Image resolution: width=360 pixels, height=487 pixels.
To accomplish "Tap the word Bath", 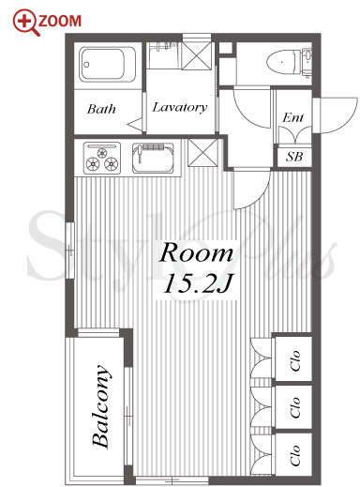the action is pyautogui.click(x=101, y=109).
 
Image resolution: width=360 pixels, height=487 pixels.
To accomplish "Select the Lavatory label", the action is pyautogui.click(x=180, y=108).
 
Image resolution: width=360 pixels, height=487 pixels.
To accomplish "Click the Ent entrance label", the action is pyautogui.click(x=292, y=117).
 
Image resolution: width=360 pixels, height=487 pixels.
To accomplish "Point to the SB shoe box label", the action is pyautogui.click(x=294, y=157).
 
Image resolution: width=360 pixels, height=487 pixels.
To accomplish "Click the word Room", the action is pyautogui.click(x=196, y=252).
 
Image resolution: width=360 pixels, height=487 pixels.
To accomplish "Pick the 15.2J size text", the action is pyautogui.click(x=198, y=283).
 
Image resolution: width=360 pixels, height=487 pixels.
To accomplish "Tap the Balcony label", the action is pyautogui.click(x=101, y=406).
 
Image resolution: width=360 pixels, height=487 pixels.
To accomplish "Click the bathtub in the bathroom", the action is pyautogui.click(x=107, y=65).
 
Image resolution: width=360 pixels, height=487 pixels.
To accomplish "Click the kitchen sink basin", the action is pyautogui.click(x=153, y=158).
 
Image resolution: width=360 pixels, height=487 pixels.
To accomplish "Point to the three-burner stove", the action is pyautogui.click(x=102, y=158).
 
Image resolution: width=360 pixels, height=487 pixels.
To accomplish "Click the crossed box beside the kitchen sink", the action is pyautogui.click(x=202, y=152).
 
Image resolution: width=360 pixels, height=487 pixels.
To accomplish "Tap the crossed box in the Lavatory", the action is pyautogui.click(x=197, y=54).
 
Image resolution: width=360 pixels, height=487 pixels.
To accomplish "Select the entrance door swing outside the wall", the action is pyautogui.click(x=336, y=115).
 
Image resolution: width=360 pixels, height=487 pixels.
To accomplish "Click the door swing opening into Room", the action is pyautogui.click(x=251, y=189).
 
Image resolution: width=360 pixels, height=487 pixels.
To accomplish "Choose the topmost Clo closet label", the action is pyautogui.click(x=295, y=359).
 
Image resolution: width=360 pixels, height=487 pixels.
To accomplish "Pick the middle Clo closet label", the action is pyautogui.click(x=295, y=407).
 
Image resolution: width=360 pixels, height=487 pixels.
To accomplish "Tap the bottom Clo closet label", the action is pyautogui.click(x=295, y=455).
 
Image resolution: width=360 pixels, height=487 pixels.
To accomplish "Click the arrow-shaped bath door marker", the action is pyautogui.click(x=135, y=124).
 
